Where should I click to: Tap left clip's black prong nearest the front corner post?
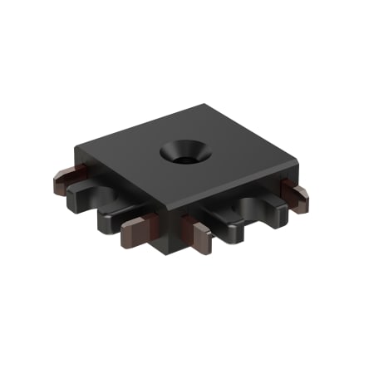[x=113, y=218]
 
